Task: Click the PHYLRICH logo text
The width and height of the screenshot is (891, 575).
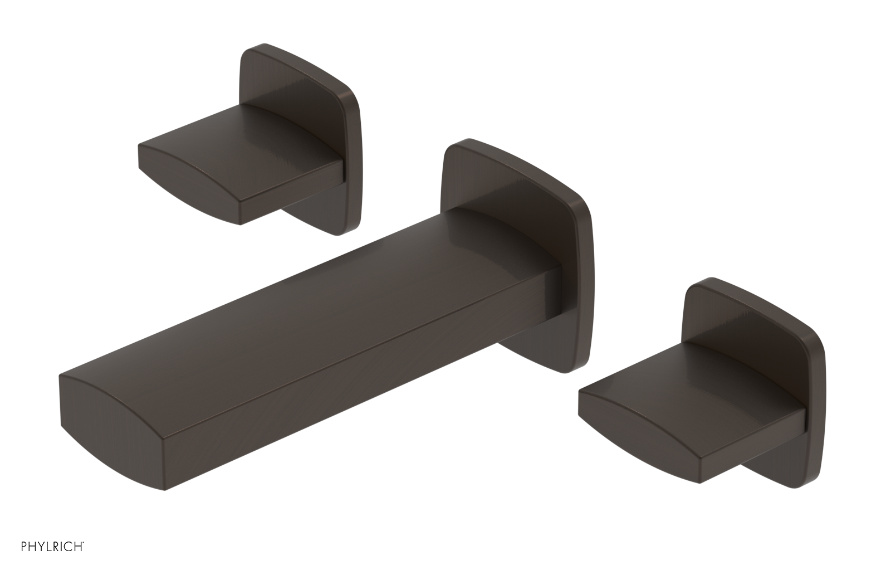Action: click(43, 561)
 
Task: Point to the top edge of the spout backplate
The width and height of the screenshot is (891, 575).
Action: click(523, 162)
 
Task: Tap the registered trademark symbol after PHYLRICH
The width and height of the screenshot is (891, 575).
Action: click(84, 558)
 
